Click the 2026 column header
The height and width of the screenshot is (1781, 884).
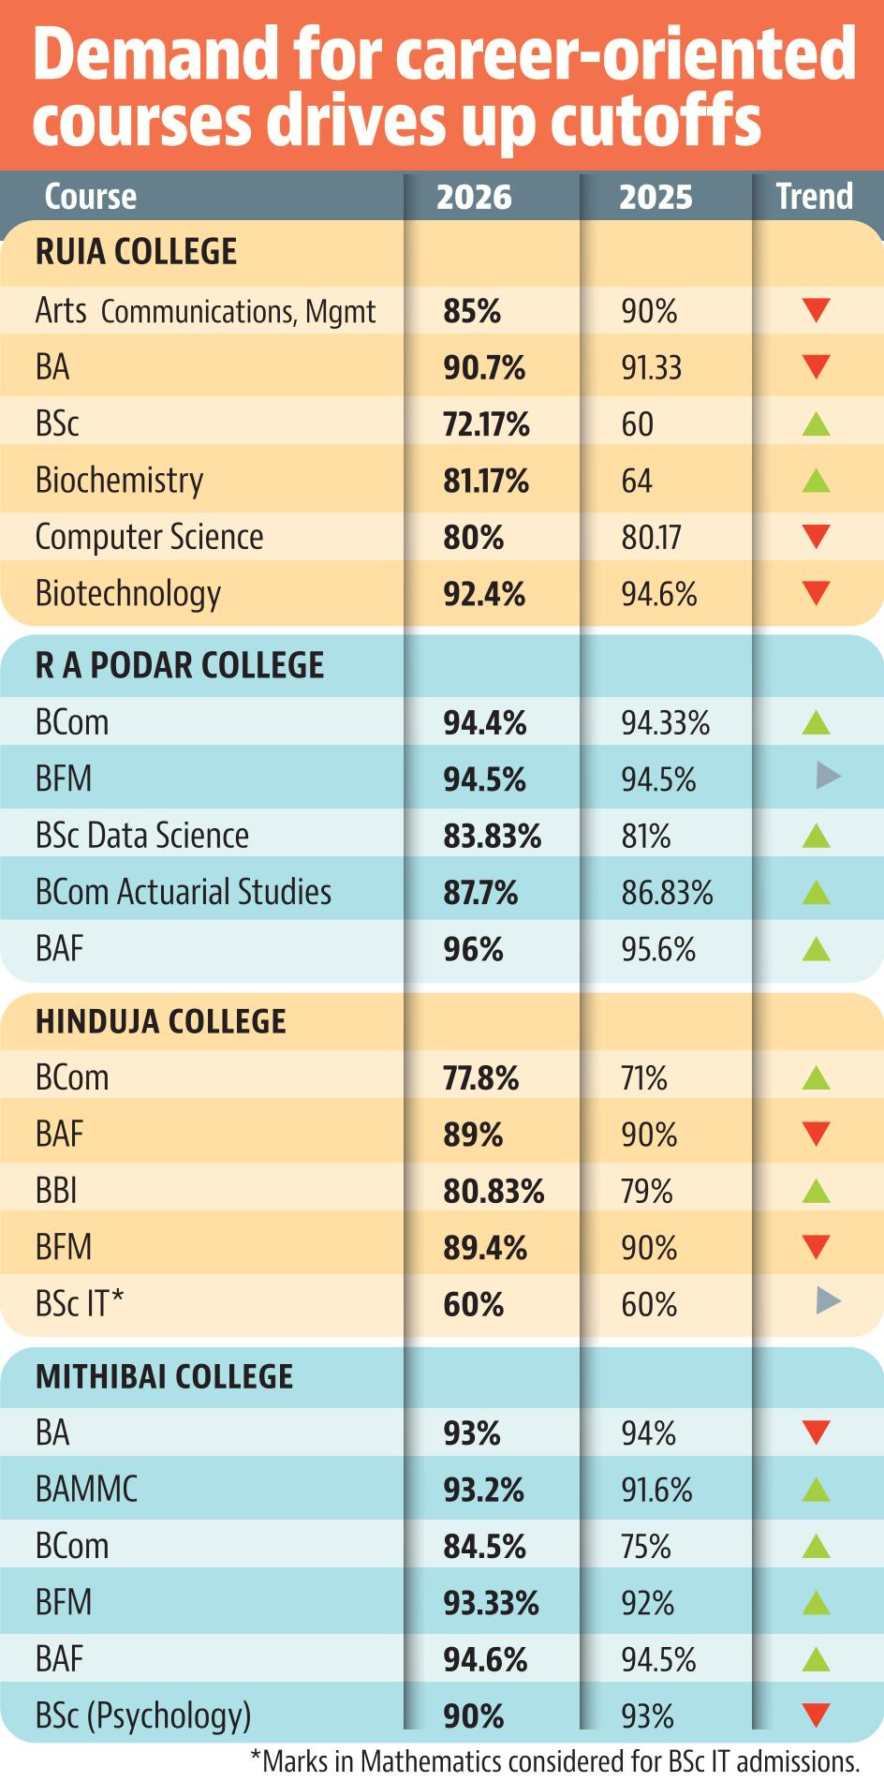coord(474,197)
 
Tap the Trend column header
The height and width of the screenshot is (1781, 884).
coord(815,197)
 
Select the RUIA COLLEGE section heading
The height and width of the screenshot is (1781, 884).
coord(136,252)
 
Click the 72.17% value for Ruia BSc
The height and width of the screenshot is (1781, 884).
coord(486,424)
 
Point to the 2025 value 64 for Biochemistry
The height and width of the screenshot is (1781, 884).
coord(637,482)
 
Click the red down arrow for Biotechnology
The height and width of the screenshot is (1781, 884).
coord(817,593)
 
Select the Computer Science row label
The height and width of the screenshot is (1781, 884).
coord(149,537)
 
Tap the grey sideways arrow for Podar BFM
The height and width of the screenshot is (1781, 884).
coord(829,776)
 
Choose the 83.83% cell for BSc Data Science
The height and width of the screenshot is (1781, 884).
coord(492,837)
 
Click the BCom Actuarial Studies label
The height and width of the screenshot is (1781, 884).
coord(184,892)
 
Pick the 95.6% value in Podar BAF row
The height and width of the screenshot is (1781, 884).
coord(658,950)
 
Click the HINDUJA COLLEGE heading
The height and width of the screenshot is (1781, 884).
coord(160,1021)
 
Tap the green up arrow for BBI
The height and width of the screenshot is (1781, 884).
coord(817,1191)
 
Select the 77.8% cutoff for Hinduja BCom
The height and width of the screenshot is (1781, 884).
coord(480,1079)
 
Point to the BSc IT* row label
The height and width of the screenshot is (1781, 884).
coord(80,1303)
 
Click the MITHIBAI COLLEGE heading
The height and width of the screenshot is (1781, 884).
coord(164,1376)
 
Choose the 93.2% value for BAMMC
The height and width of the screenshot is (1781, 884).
coord(483,1491)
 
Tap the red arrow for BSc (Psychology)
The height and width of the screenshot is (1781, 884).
coord(817,1715)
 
